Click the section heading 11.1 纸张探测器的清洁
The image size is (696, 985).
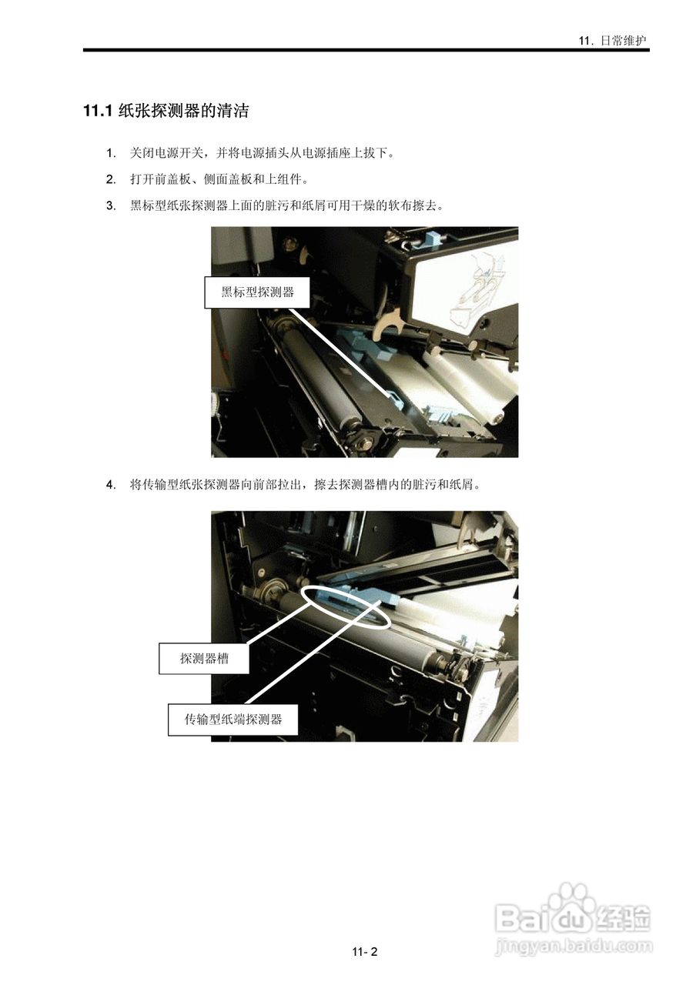coord(166,112)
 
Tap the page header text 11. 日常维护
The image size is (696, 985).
coord(614,41)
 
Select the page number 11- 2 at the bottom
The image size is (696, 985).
coord(365,952)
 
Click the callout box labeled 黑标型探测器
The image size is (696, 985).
coord(257,292)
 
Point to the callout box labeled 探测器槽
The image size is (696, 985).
coord(204,658)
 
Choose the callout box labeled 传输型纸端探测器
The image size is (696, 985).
coord(233,720)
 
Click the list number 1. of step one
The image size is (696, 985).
coord(111,153)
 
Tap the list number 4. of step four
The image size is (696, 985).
coord(111,485)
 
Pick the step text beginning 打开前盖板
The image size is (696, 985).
coord(219,179)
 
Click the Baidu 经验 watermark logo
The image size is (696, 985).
coord(574,916)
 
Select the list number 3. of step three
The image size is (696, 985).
coord(111,205)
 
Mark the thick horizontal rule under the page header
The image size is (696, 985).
coord(366,51)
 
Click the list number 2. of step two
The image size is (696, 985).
coord(111,179)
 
